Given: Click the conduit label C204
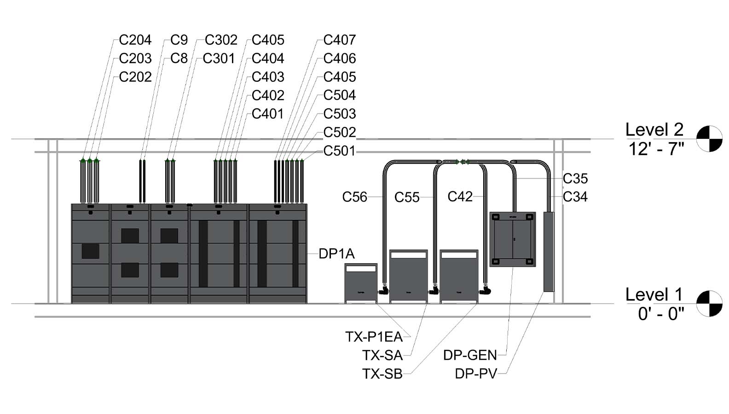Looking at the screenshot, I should (x=135, y=40).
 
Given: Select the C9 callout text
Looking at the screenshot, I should (x=179, y=40).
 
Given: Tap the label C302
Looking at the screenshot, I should (x=221, y=40).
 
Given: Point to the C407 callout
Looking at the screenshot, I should (x=339, y=40).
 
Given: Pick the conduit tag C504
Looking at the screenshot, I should (x=339, y=95).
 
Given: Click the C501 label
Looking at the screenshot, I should (x=339, y=150).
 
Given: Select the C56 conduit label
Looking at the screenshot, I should (x=354, y=197).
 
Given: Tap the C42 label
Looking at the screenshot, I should (x=460, y=196).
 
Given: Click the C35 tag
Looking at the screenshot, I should (x=575, y=178).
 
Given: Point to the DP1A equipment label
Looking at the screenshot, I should (x=336, y=253).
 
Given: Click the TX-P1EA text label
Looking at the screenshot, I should (x=374, y=337).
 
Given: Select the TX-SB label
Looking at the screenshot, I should (x=382, y=374).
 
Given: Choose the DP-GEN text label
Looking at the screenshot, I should (x=470, y=355).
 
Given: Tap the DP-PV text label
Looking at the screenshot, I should (x=476, y=374).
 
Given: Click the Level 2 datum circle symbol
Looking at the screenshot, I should (x=709, y=138).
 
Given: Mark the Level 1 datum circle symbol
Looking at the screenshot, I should (x=709, y=304).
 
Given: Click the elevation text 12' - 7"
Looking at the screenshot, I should (x=656, y=149).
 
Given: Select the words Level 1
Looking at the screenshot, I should (x=654, y=294).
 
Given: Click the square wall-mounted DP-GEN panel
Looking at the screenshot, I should (x=512, y=239).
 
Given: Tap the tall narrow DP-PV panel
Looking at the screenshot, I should (x=549, y=251).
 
